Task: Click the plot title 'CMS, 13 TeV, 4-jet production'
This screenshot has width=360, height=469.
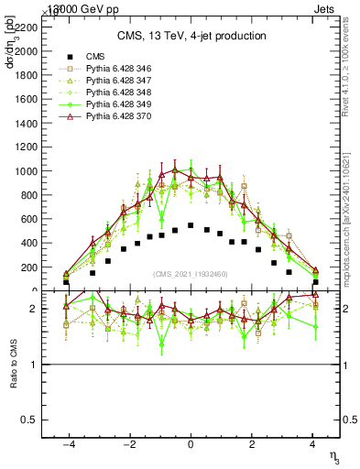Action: click(190, 37)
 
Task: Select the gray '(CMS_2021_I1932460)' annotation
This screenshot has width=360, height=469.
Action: click(191, 274)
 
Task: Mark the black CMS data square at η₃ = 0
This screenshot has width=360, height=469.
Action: click(191, 225)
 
